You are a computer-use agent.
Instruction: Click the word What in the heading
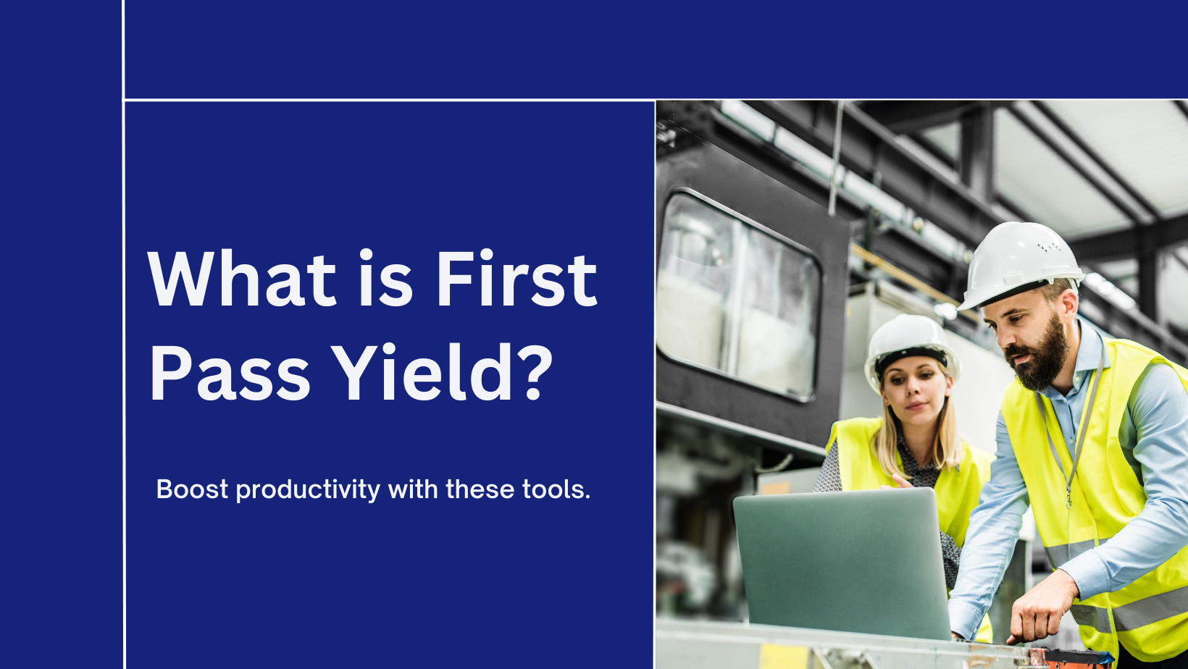[x=242, y=278]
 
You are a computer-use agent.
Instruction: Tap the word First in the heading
[x=516, y=278]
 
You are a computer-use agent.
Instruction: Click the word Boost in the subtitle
[x=192, y=489]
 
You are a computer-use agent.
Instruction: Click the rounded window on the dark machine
[x=738, y=297]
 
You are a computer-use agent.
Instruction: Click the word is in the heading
[x=385, y=278]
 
